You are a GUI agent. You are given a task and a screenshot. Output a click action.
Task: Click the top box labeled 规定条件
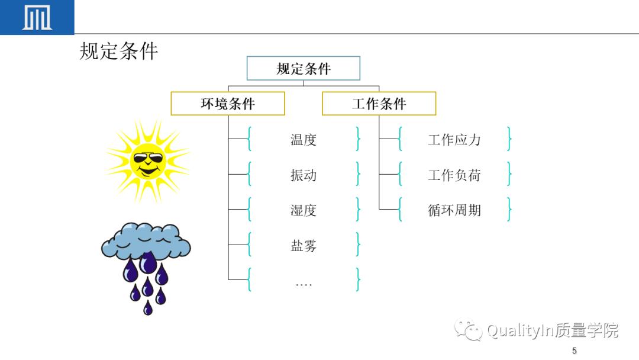coord(304,69)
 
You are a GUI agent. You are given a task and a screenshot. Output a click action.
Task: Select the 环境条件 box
coord(228,104)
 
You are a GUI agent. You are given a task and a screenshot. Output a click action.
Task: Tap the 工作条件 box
coord(379,104)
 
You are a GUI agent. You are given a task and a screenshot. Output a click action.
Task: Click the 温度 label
coord(304,140)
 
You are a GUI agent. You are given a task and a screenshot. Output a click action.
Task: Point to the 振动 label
coord(304,175)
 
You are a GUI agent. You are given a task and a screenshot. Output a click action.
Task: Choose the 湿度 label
coord(304,210)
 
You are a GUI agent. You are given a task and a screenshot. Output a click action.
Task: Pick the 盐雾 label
coord(304,245)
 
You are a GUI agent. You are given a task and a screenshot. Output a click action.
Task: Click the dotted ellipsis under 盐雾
coord(304,284)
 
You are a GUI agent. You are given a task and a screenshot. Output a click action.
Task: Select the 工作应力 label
coord(454,140)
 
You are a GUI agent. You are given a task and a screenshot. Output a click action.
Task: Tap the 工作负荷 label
coord(454,175)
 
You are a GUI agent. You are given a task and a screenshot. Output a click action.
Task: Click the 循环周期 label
coord(454,210)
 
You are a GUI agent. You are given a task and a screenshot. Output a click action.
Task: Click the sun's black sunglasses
coord(148,158)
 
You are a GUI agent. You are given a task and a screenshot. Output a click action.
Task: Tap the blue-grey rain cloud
coord(146,241)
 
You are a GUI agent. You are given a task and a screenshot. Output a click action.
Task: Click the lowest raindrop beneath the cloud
coord(148,308)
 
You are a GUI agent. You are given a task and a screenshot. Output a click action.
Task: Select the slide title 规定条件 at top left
coord(119,52)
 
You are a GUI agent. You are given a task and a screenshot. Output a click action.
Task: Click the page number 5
coord(574,351)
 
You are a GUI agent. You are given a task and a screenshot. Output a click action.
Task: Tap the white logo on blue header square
coord(37,18)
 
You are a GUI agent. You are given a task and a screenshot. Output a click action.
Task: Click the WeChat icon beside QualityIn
coord(468,330)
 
